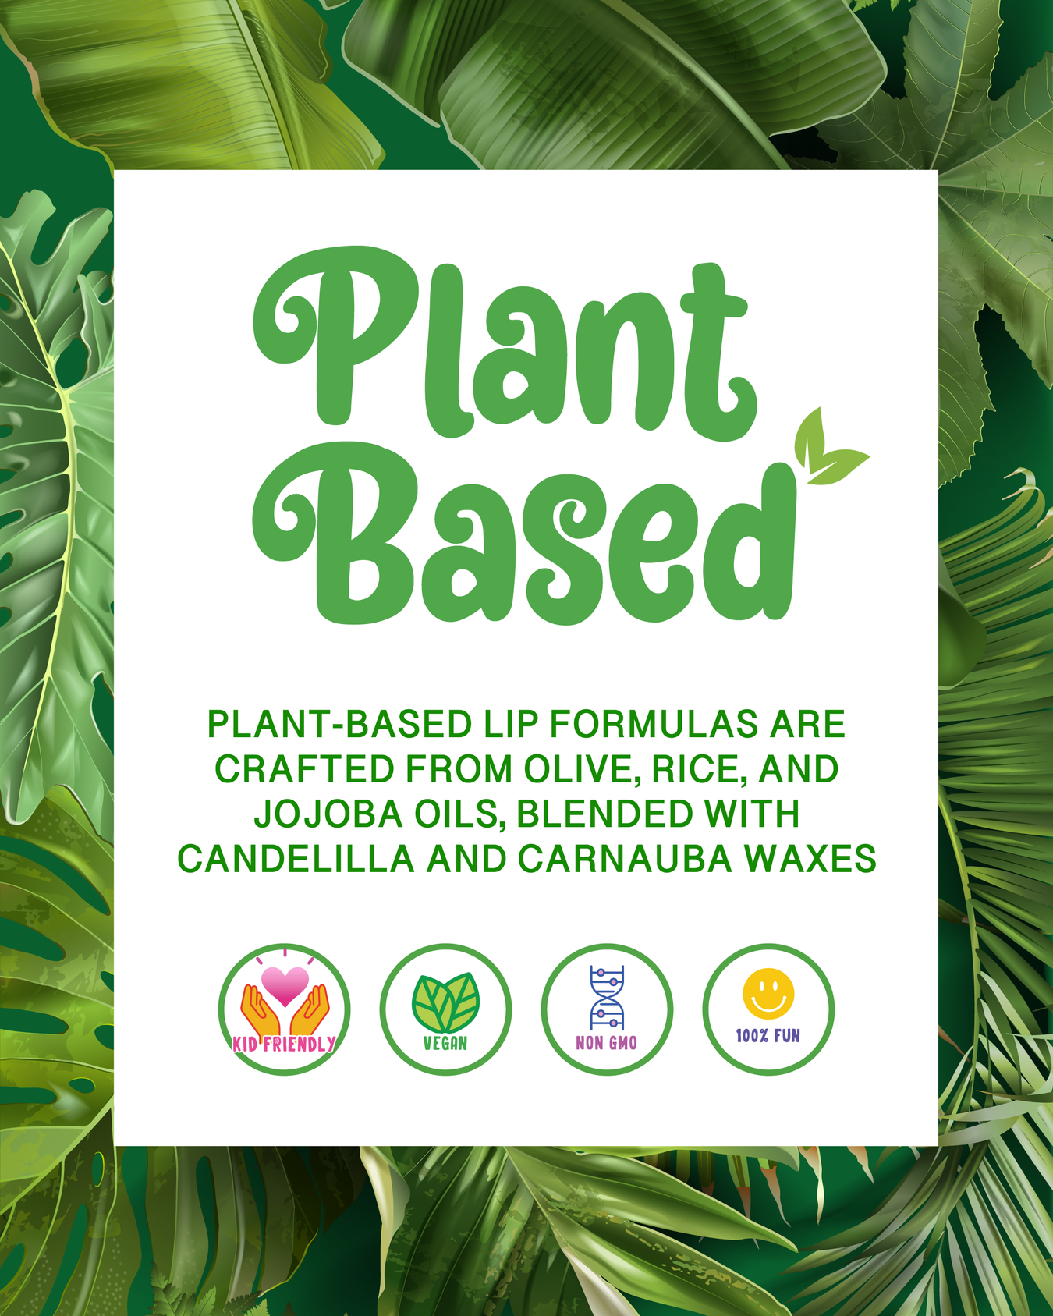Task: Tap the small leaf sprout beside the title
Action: (827, 447)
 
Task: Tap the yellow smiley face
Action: (768, 994)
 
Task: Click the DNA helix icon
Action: (607, 998)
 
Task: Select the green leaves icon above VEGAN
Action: (445, 1002)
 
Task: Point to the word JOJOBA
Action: (328, 814)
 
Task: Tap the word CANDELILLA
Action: (296, 859)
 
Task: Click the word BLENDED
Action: (604, 814)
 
